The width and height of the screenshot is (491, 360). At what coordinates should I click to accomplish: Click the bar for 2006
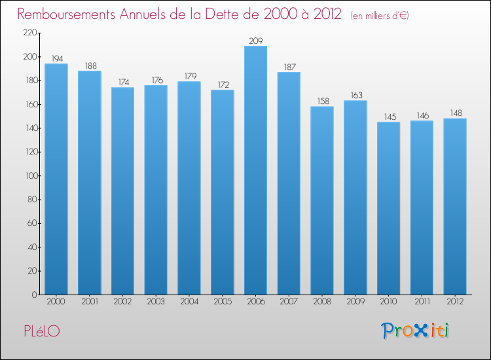[x=255, y=170]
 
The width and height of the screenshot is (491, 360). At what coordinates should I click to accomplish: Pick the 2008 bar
[x=322, y=200]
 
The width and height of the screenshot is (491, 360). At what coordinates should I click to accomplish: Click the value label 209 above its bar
[x=255, y=41]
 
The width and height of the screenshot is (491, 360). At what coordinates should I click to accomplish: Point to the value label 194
[x=56, y=59]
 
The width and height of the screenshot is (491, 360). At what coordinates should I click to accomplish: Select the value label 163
[x=355, y=96]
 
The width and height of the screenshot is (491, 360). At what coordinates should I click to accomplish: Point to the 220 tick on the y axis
[x=29, y=33]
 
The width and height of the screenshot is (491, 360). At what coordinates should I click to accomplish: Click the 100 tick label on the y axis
[x=29, y=176]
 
